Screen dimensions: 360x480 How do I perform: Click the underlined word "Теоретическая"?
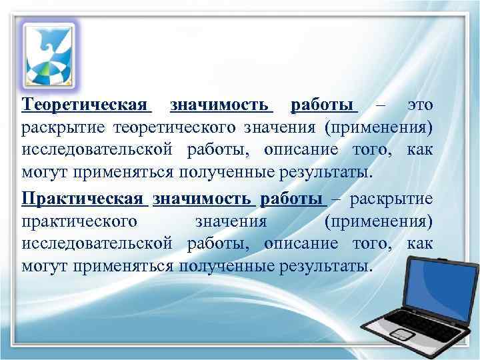[85, 105]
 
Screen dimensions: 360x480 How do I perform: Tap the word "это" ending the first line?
[419, 105]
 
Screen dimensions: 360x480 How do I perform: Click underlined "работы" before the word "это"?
[323, 105]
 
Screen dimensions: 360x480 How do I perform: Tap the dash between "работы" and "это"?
[381, 105]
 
